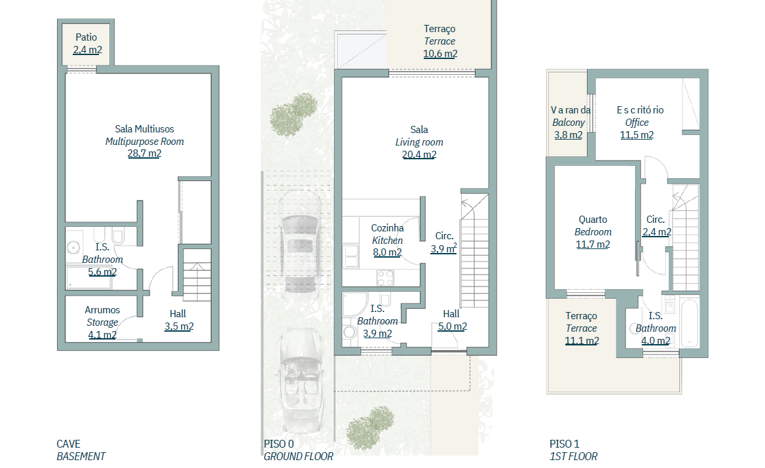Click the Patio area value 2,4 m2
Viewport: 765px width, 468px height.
pyautogui.click(x=87, y=50)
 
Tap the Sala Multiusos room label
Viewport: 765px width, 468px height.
pyautogui.click(x=144, y=129)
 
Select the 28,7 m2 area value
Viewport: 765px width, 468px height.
pyautogui.click(x=144, y=153)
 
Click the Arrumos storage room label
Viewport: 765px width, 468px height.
pyautogui.click(x=102, y=310)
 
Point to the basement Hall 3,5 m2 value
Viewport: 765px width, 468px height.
pyautogui.click(x=179, y=326)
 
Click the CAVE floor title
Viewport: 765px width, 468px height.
pyautogui.click(x=68, y=444)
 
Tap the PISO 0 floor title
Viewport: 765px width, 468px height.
pyautogui.click(x=279, y=444)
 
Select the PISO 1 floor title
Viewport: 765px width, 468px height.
pyautogui.click(x=565, y=444)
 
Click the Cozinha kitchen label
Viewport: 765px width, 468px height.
pyautogui.click(x=387, y=228)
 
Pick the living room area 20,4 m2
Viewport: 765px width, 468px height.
pyautogui.click(x=419, y=155)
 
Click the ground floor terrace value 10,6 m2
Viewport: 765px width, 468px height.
pyautogui.click(x=440, y=54)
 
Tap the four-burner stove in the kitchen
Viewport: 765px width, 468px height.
pyautogui.click(x=385, y=278)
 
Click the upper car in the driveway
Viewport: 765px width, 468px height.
pyautogui.click(x=299, y=242)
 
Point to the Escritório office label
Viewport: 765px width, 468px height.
pyautogui.click(x=640, y=110)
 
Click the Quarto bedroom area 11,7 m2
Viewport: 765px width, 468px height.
pyautogui.click(x=593, y=244)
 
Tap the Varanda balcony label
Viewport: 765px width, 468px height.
pyautogui.click(x=570, y=110)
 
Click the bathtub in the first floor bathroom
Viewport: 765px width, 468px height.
pyautogui.click(x=690, y=322)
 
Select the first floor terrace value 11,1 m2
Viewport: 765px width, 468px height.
pyautogui.click(x=582, y=341)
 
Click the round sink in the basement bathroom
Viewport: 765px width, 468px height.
pyautogui.click(x=73, y=248)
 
